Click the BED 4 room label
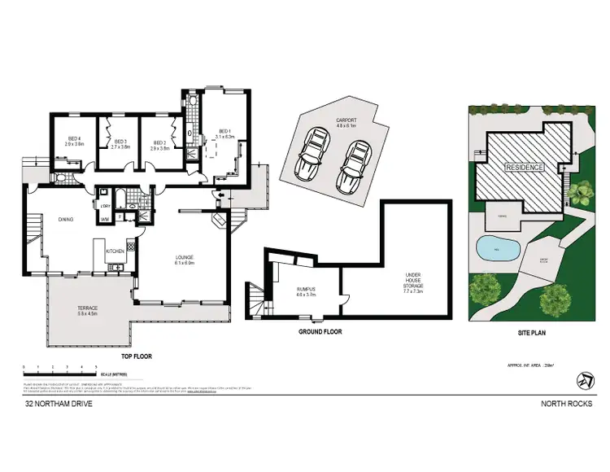(x=76, y=141)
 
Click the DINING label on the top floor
(x=66, y=219)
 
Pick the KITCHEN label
(x=115, y=251)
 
